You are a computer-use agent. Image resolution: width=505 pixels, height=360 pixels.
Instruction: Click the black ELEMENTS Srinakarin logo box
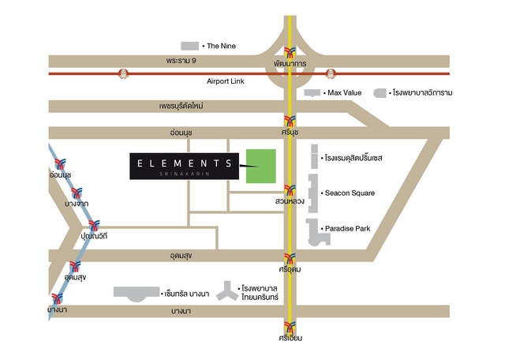184,166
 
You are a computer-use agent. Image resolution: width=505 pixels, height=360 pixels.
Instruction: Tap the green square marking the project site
262,166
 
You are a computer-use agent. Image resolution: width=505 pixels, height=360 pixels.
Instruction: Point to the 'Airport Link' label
227,81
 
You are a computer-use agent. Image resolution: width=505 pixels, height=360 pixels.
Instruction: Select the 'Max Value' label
344,93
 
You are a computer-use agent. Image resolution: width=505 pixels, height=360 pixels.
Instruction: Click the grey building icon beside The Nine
190,46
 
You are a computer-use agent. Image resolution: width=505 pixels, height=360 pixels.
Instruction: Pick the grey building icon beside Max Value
313,93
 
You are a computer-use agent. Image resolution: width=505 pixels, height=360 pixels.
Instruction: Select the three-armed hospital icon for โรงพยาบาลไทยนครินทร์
227,291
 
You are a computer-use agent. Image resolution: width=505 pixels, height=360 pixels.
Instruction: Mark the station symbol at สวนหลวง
291,190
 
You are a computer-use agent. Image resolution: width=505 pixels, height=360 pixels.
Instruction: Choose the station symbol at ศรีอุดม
291,258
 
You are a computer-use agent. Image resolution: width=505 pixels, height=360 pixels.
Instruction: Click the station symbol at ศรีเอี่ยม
291,327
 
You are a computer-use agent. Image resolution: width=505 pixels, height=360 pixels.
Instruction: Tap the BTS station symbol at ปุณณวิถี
95,226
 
